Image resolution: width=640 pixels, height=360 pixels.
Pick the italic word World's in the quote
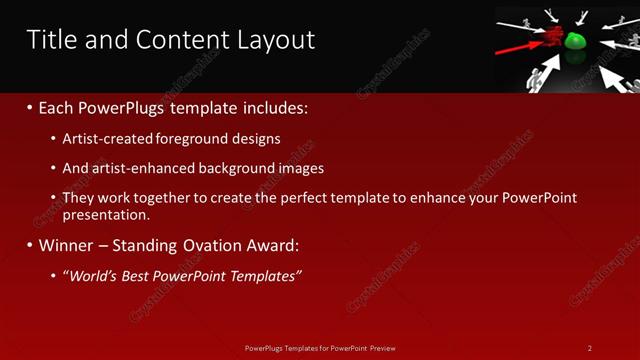[92, 275]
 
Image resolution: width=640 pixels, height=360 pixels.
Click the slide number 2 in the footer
[590, 348]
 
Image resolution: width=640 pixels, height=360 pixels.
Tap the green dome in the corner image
[575, 42]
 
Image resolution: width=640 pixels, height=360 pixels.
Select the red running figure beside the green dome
[551, 37]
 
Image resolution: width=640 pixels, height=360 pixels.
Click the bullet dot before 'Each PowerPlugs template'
[30, 107]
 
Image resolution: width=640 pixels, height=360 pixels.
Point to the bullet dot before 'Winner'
[30, 245]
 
